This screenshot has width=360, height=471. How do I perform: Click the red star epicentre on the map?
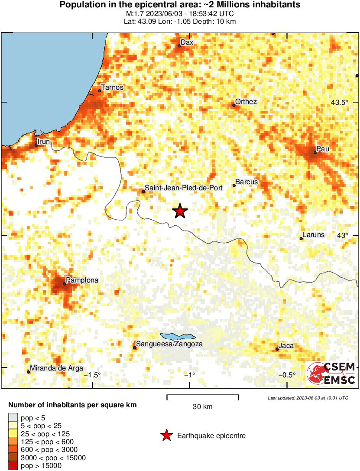point(180,211)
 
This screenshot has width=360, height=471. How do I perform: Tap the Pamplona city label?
point(81,280)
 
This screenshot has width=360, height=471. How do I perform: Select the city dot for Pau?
point(315,153)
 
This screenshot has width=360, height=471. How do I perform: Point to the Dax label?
point(187,42)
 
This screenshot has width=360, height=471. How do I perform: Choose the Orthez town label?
point(246,102)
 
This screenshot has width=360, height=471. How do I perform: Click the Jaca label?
point(286,345)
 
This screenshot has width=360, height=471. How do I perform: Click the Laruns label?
point(313,235)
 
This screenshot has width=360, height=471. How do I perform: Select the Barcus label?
point(246,182)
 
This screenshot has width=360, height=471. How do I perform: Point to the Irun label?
point(44,142)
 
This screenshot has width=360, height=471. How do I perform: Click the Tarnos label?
point(112,88)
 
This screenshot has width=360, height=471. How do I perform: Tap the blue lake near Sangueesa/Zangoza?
point(178,336)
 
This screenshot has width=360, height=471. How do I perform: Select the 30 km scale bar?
point(203,396)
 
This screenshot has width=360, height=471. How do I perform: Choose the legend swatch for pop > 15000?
point(13,466)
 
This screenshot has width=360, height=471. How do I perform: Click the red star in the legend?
point(166,435)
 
